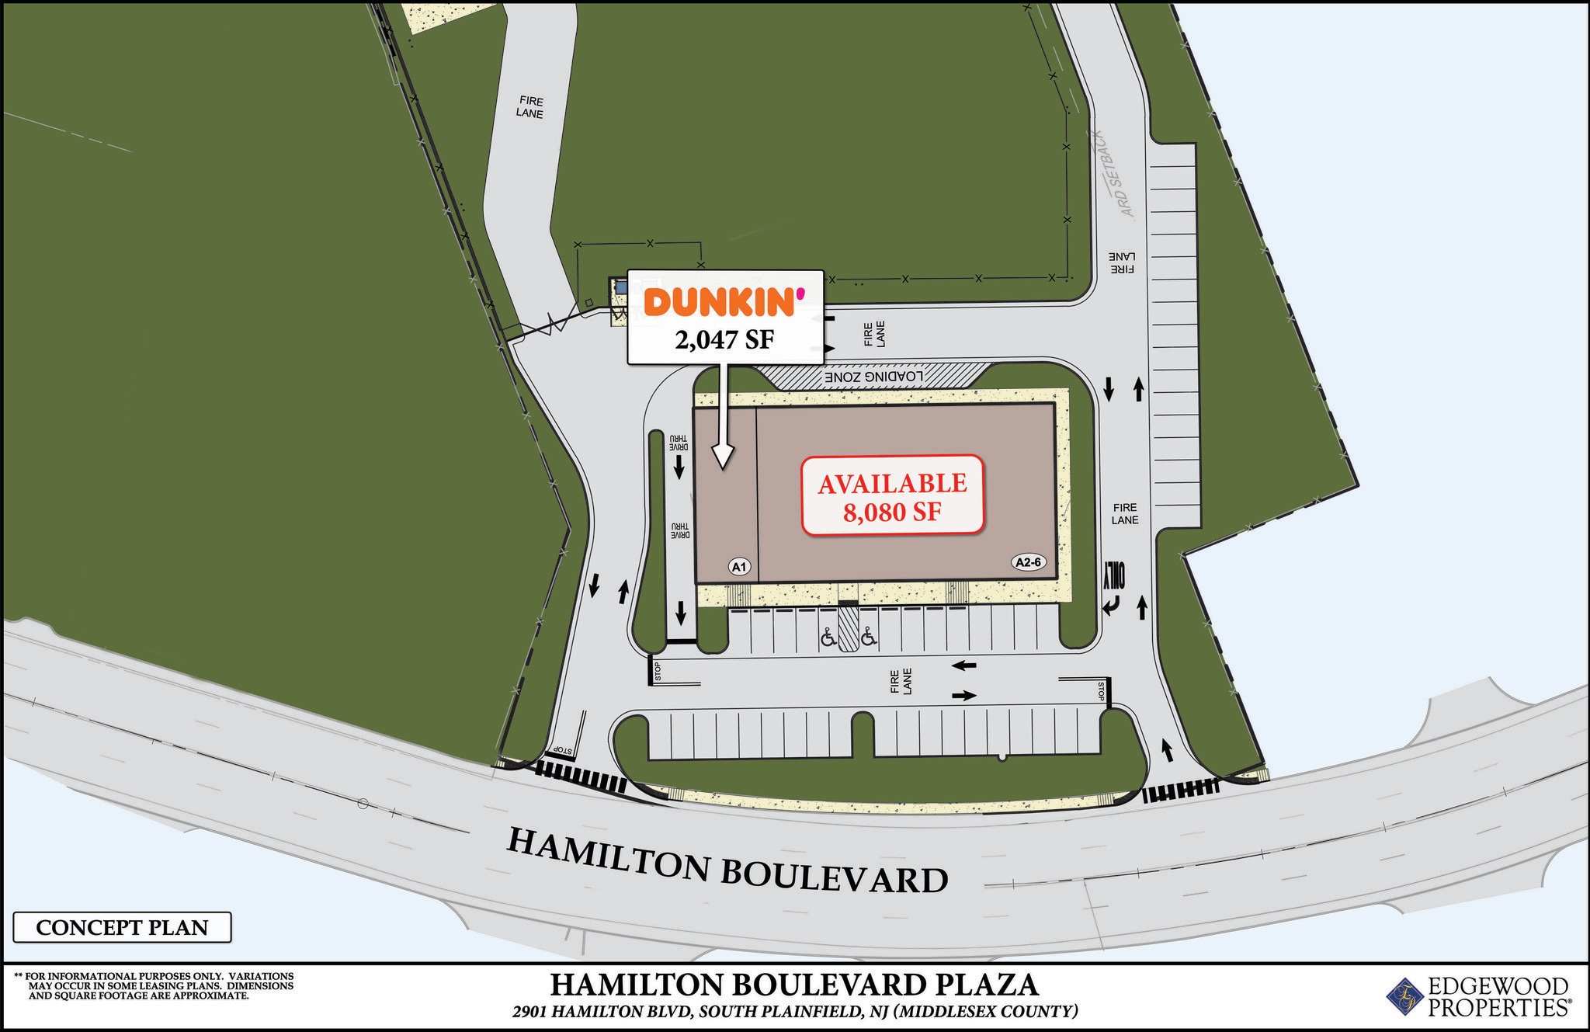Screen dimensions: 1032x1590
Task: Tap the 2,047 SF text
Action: pyautogui.click(x=724, y=339)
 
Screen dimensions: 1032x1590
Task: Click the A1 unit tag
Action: pyautogui.click(x=739, y=567)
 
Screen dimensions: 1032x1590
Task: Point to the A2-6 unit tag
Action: pyautogui.click(x=1028, y=562)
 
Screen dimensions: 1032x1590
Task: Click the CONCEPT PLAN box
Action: pyautogui.click(x=122, y=927)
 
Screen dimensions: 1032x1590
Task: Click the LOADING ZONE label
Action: pyautogui.click(x=874, y=377)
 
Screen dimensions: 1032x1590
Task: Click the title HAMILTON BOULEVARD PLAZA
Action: pyautogui.click(x=793, y=985)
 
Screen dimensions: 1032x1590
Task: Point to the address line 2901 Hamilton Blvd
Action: pyautogui.click(x=794, y=1012)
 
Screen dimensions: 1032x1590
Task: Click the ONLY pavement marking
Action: pyautogui.click(x=1116, y=575)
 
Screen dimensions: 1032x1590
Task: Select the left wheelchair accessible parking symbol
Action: pyautogui.click(x=828, y=638)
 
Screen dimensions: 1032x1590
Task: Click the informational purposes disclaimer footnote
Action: pyautogui.click(x=155, y=985)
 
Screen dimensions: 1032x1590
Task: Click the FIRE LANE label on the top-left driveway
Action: pyautogui.click(x=529, y=107)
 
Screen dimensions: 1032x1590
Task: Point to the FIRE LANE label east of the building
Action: pyautogui.click(x=1124, y=513)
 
